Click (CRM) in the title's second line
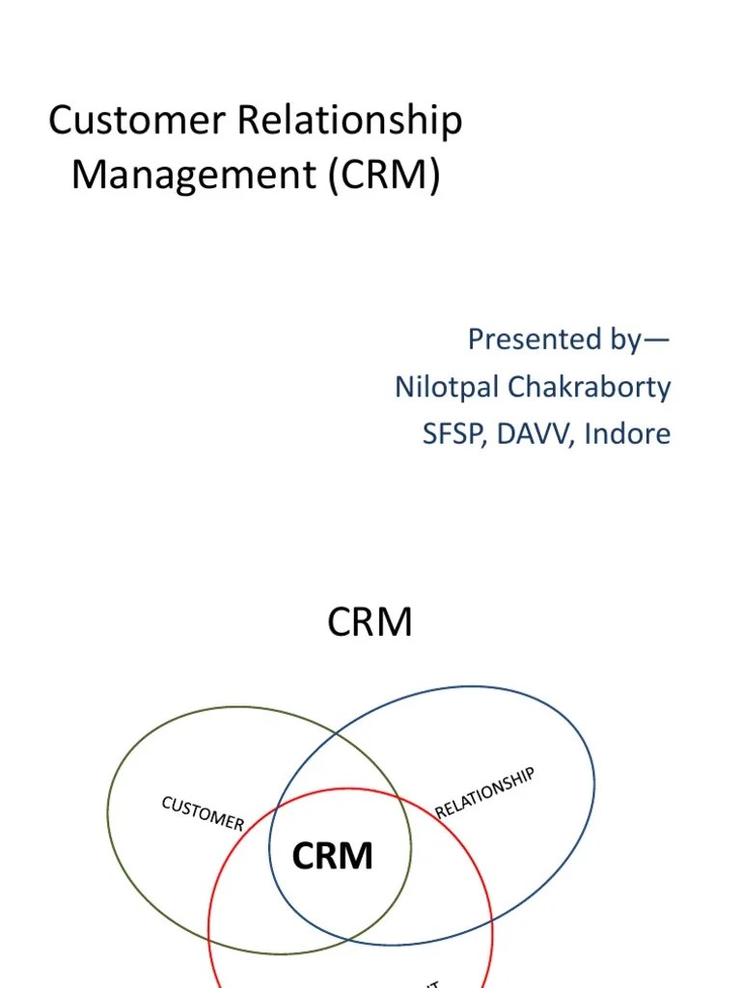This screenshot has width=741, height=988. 384,177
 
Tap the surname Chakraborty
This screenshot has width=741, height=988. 593,388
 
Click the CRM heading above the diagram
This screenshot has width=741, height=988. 370,623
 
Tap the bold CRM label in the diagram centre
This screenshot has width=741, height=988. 332,856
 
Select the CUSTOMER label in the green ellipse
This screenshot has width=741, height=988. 203,812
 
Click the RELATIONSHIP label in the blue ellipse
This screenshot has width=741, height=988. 485,792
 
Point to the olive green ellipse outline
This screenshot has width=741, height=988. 108,820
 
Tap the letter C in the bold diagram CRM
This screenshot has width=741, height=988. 303,856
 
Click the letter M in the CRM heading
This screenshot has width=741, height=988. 396,623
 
